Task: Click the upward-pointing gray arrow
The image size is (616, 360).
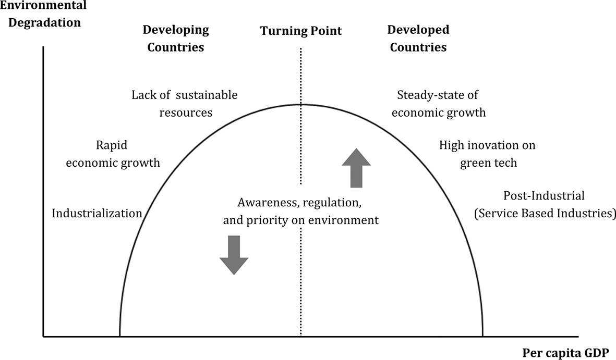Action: (356, 168)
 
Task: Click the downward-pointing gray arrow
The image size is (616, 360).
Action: (234, 255)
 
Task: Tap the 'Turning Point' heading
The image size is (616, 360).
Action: (301, 31)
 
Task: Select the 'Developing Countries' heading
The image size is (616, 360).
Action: (176, 39)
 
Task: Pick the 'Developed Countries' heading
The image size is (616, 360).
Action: (418, 39)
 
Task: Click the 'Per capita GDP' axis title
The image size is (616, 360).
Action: (565, 353)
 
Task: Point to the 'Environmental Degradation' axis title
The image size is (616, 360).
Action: (43, 14)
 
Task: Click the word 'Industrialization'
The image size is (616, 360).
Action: (97, 213)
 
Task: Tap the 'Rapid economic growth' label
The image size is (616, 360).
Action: (113, 154)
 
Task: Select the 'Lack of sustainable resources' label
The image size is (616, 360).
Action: (185, 104)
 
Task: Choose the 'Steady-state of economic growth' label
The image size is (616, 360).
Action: (439, 104)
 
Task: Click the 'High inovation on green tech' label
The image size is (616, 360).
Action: (487, 154)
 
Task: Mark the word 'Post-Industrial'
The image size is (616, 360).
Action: (543, 195)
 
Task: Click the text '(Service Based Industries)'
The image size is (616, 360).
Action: (545, 213)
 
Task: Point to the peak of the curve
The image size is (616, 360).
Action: (301, 104)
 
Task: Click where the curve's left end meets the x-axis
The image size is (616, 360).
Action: (119, 337)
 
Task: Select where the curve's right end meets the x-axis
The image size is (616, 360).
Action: (483, 337)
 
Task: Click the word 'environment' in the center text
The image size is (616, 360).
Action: (343, 220)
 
